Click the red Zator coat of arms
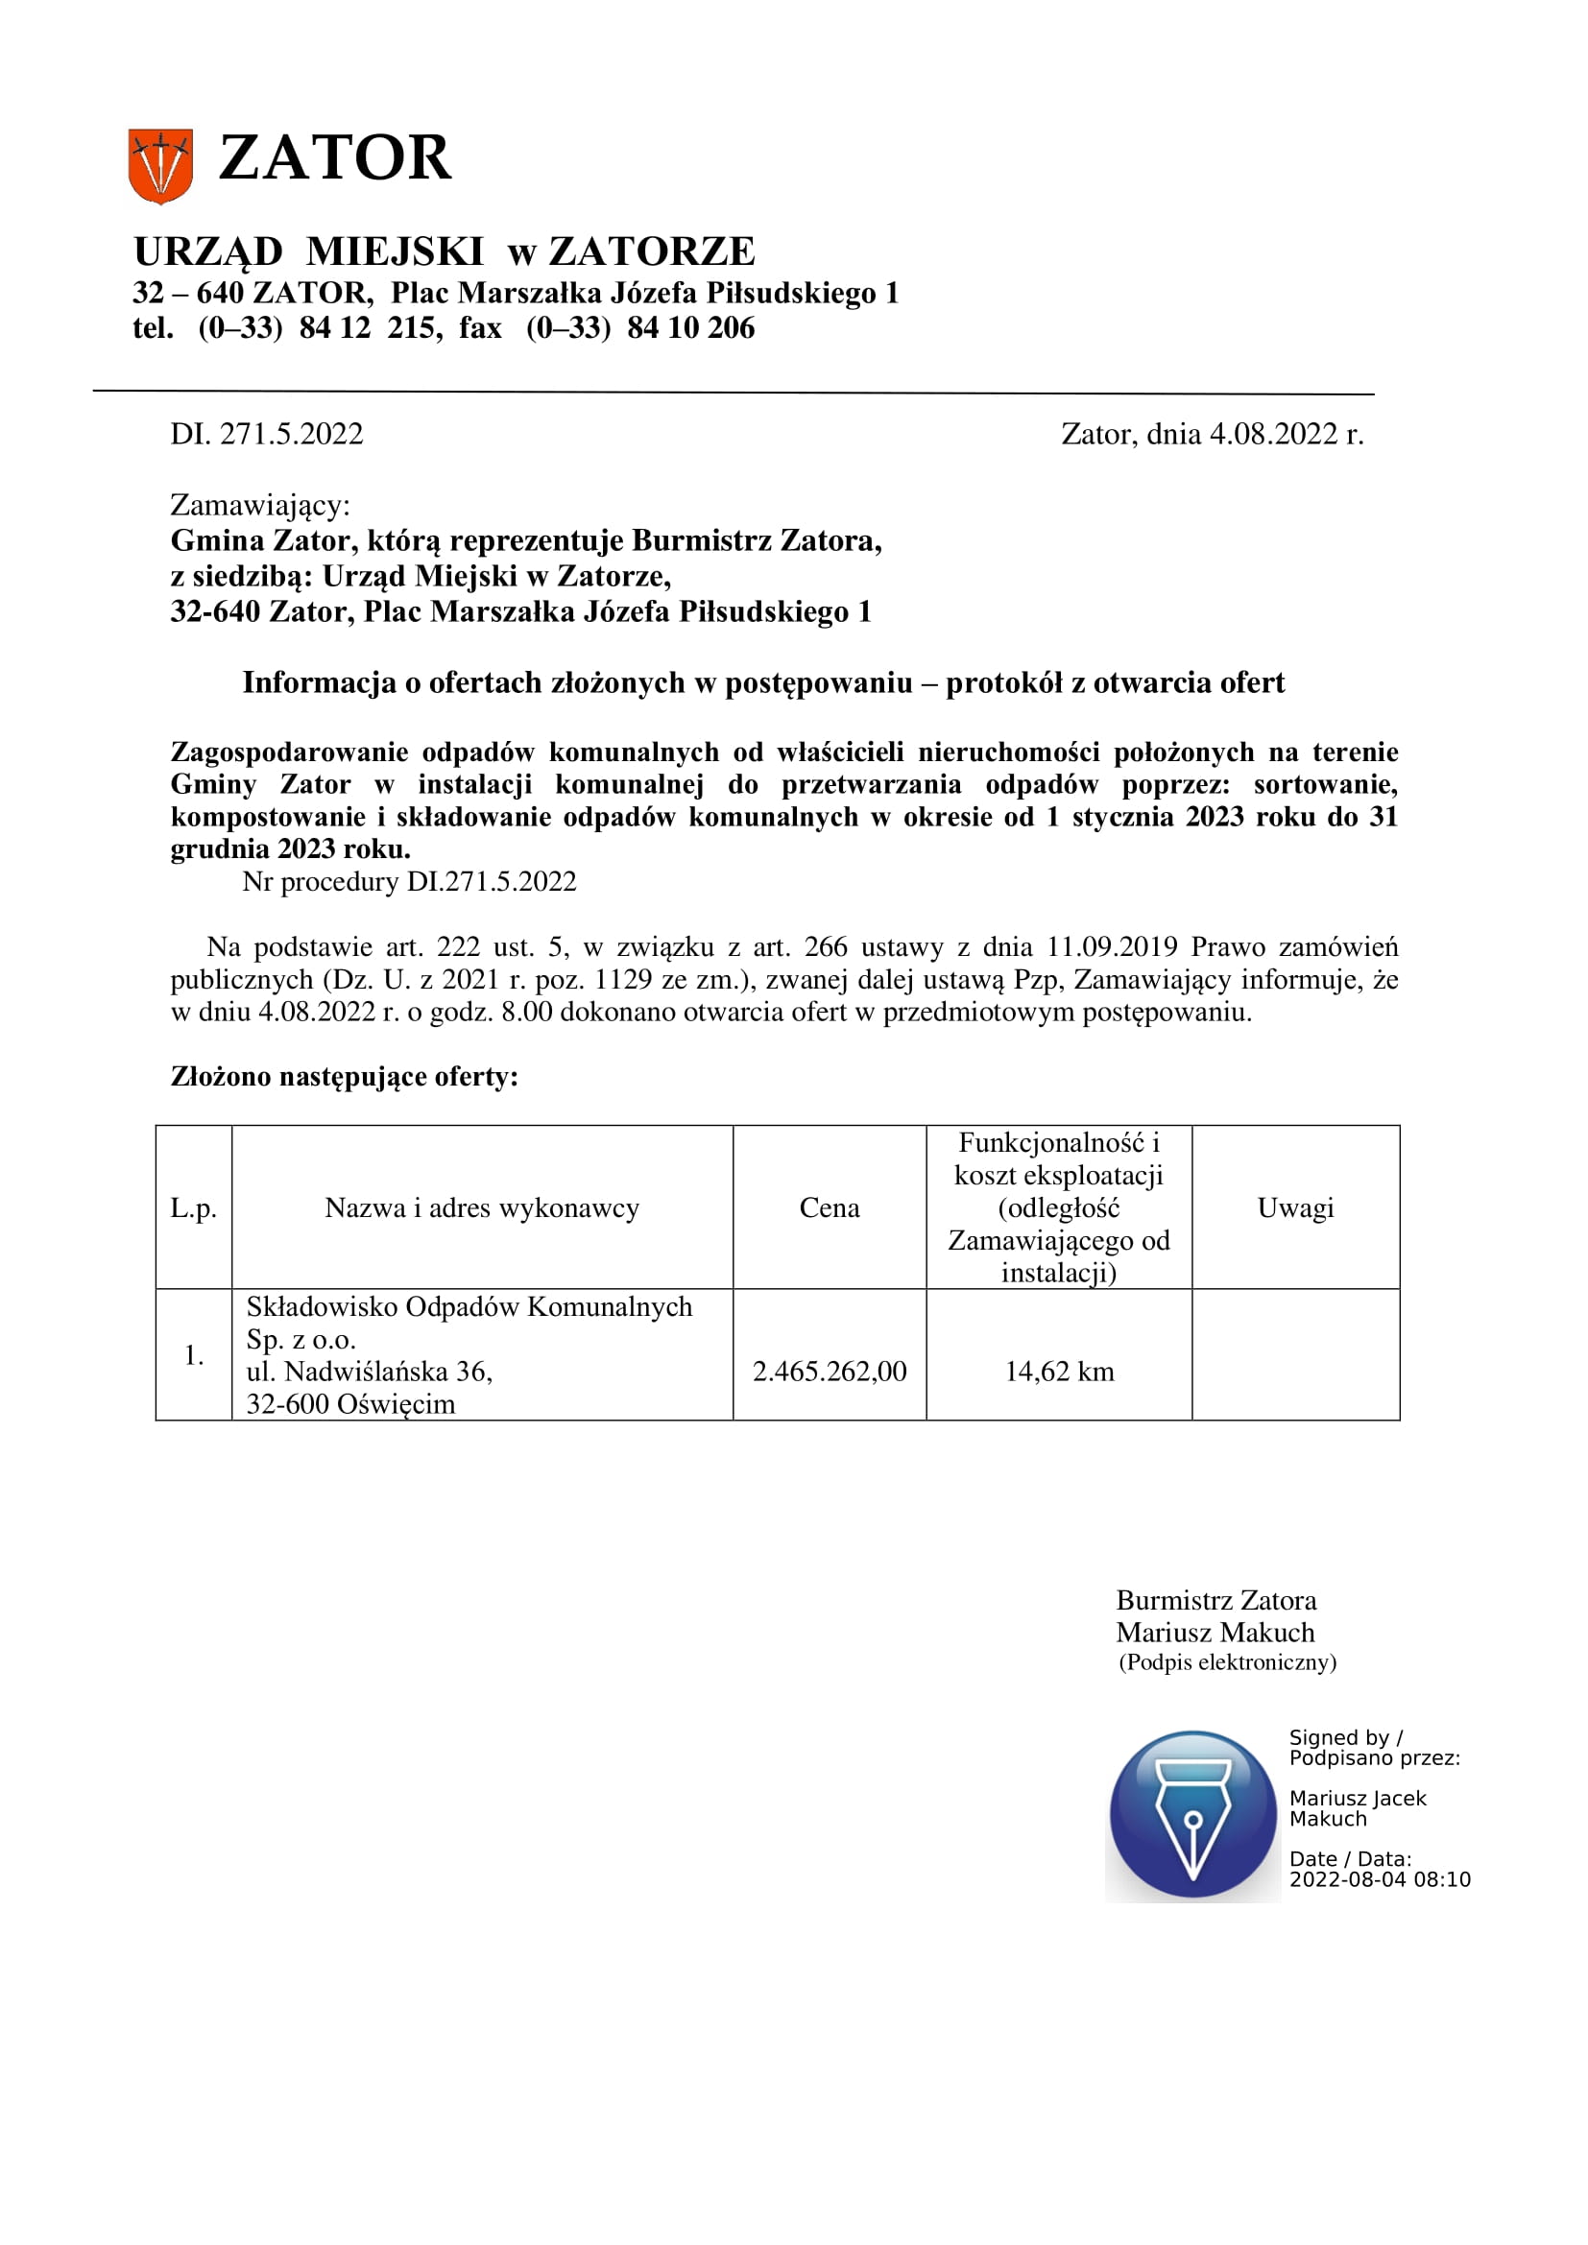[159, 166]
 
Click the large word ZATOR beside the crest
[334, 158]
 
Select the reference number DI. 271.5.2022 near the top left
[266, 434]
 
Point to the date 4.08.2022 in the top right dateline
[1272, 434]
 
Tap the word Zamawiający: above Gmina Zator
[260, 505]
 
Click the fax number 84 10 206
[690, 327]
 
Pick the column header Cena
[830, 1207]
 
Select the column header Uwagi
[1294, 1207]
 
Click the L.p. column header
[194, 1208]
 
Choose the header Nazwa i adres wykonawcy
[482, 1207]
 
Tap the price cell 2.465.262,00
[830, 1371]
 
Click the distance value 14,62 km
[1059, 1371]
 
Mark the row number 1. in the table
[194, 1355]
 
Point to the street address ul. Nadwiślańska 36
[370, 1371]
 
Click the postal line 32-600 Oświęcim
[351, 1404]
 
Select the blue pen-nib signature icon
[1192, 1816]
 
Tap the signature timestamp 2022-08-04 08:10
[1380, 1879]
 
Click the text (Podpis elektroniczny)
[1227, 1662]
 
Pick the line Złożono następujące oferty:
[345, 1077]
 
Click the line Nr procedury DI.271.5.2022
[409, 882]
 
